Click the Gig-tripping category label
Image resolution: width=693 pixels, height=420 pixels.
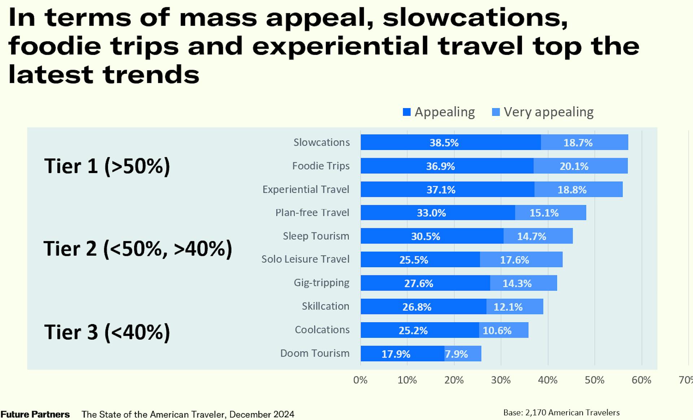(x=321, y=283)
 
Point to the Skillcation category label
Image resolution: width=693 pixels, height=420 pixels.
(x=325, y=306)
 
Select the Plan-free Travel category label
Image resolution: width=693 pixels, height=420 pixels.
(x=312, y=213)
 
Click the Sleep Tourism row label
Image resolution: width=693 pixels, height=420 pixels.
(x=316, y=236)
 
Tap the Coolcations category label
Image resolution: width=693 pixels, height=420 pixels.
(x=322, y=330)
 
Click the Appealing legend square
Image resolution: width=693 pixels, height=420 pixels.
(x=407, y=112)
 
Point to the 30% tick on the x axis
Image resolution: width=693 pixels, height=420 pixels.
(x=501, y=380)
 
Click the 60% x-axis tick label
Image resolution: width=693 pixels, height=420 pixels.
(x=641, y=380)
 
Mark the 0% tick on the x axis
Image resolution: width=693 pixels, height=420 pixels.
(x=360, y=380)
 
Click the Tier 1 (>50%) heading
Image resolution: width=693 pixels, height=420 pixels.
(x=107, y=166)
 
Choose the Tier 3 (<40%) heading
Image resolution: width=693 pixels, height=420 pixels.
(x=107, y=332)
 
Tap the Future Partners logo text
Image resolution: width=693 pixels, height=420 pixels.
(x=35, y=414)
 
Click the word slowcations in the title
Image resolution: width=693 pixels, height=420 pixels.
(x=475, y=18)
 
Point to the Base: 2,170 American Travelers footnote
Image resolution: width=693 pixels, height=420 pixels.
(x=561, y=412)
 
